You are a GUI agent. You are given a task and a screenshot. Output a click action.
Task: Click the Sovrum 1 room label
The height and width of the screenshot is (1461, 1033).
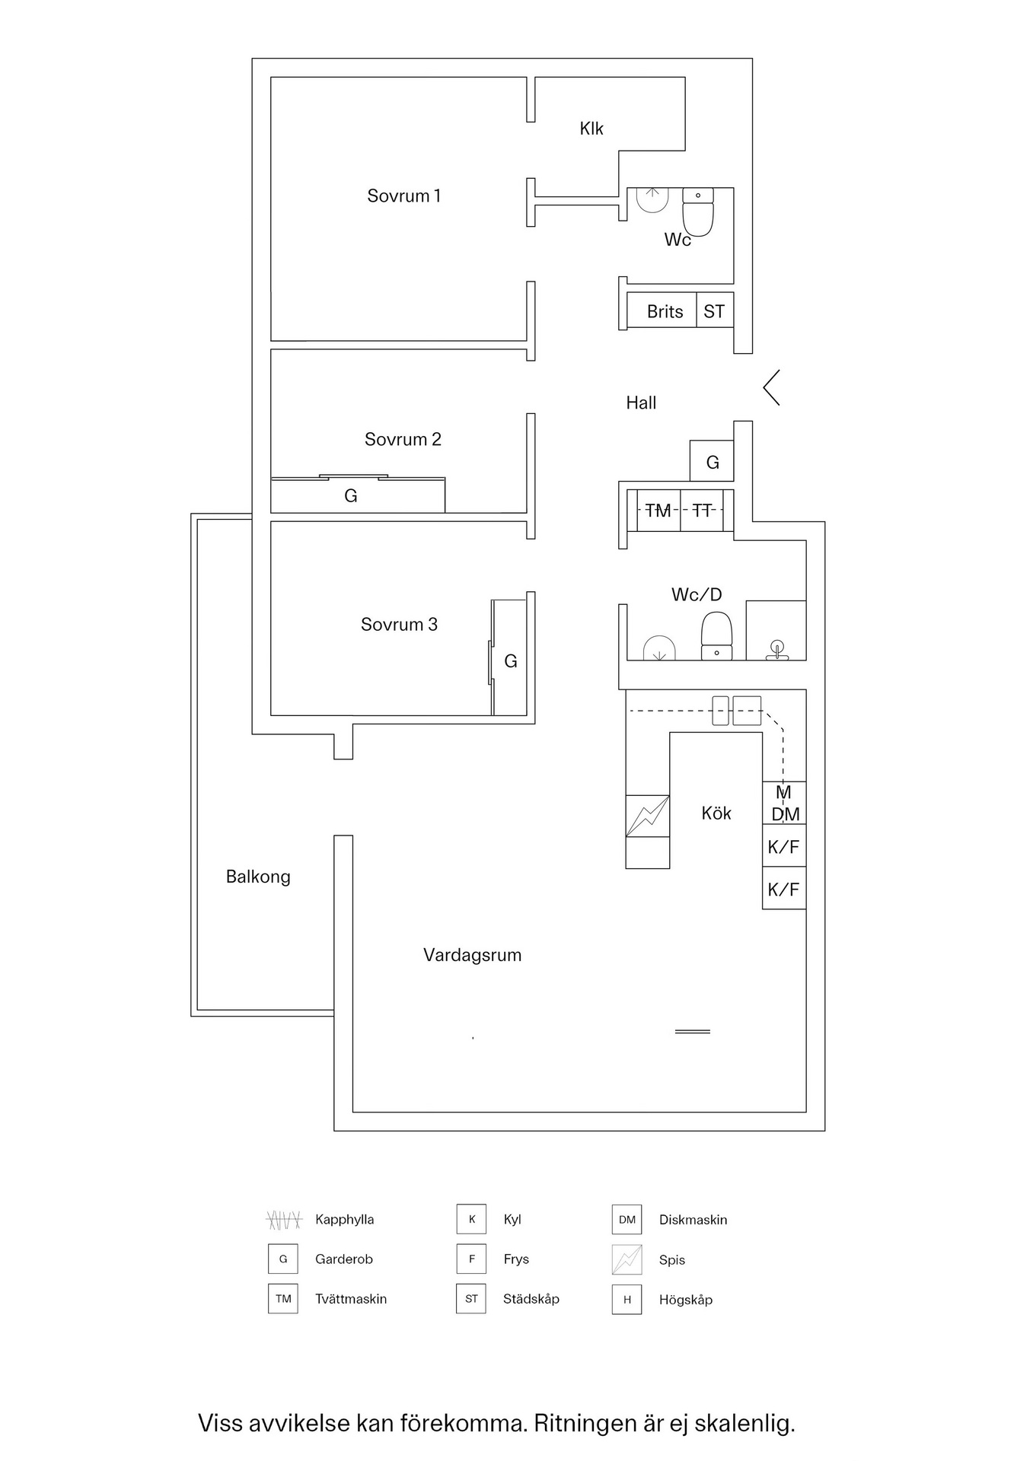pos(403,196)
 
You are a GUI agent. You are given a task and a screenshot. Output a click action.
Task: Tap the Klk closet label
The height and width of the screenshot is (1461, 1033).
pos(591,129)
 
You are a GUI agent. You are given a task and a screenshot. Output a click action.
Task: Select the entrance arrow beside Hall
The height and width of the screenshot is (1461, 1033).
pos(771,388)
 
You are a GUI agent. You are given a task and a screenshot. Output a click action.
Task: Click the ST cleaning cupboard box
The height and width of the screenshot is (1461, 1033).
pos(714,311)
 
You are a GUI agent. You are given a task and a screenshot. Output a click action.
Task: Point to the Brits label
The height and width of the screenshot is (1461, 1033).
pos(665,312)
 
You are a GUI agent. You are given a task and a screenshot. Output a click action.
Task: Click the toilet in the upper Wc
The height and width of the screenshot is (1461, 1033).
pos(698,212)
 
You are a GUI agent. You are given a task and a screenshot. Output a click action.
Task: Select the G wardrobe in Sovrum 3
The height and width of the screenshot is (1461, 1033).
pos(510,661)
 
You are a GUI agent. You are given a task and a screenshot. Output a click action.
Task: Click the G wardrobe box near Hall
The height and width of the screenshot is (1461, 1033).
pos(713,462)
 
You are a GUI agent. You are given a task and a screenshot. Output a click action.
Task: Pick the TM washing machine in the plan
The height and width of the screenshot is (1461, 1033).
pos(658,511)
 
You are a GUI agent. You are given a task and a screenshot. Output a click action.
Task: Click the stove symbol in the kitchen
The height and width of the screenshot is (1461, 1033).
pos(648,816)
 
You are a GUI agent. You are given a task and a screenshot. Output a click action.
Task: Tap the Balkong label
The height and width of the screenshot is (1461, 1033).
pos(258,877)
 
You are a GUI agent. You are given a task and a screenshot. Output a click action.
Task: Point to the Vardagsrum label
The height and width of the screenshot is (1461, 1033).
pos(472,956)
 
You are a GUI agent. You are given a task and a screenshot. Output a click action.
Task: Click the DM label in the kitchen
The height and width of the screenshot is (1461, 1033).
pos(785,815)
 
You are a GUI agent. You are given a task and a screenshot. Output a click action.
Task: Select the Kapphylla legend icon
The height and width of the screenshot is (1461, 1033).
pos(283,1220)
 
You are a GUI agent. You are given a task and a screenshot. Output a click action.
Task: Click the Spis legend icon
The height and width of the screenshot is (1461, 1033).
pos(626,1260)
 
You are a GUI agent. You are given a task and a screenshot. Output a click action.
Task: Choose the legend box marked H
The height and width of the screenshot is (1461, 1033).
pos(626,1300)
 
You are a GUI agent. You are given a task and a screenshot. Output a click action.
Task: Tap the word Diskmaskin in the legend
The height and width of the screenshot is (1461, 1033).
pos(693,1220)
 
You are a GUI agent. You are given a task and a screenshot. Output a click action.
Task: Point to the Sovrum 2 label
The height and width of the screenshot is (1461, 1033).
pos(403,440)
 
